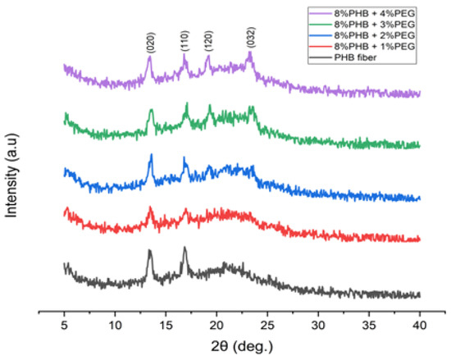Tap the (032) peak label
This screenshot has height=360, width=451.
click(x=250, y=41)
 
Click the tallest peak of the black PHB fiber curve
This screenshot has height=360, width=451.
click(x=184, y=248)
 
